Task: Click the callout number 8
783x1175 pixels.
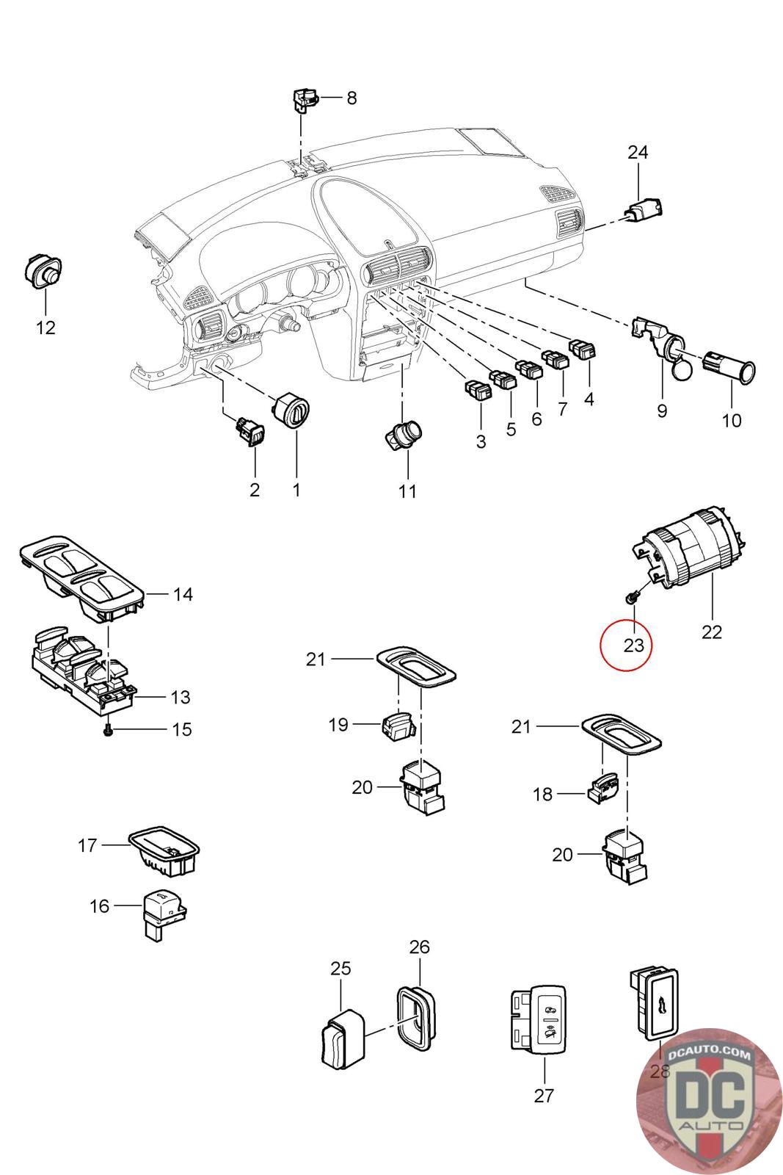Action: coord(352,98)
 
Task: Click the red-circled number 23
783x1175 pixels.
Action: coord(633,646)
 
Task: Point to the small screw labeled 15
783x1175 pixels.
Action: coord(109,730)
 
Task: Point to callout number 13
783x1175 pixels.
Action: coord(180,697)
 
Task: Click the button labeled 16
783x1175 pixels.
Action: coord(164,911)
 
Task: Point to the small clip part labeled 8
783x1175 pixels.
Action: coord(304,99)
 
